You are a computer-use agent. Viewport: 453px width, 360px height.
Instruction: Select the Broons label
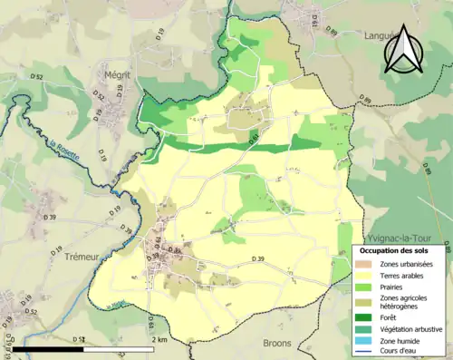[277, 344]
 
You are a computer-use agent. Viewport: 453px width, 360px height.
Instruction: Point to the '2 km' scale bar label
[160, 339]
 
